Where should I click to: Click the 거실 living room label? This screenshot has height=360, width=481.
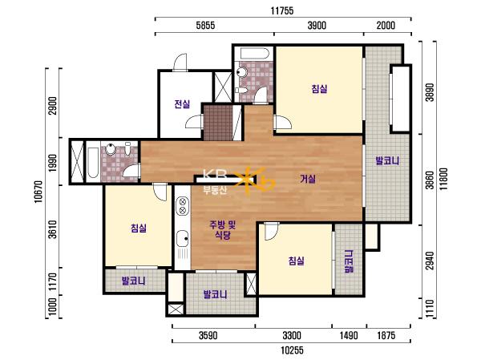tap(308, 179)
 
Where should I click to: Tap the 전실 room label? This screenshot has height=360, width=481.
tap(182, 104)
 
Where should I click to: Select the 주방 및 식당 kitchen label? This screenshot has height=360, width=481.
tap(222, 230)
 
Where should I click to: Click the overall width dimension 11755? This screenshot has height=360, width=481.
tap(282, 11)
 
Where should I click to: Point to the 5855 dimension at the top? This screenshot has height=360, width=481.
tap(205, 26)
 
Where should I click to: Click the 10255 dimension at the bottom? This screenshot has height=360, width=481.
tap(292, 350)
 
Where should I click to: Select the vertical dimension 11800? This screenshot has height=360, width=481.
tap(443, 179)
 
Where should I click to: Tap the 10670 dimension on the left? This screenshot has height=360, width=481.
tap(38, 192)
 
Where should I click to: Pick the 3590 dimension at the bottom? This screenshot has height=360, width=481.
tap(208, 335)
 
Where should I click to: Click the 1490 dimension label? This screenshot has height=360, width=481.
tap(349, 335)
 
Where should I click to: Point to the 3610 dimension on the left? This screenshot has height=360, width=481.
tap(53, 229)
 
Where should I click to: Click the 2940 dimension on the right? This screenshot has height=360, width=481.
tap(430, 261)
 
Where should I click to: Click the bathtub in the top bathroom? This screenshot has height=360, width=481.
tap(254, 54)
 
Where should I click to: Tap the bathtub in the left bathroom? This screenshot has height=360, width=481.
tap(93, 163)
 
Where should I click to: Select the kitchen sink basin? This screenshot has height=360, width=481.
tap(182, 238)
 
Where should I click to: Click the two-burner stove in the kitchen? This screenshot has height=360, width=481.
tap(183, 206)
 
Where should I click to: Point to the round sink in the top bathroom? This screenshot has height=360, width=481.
tap(242, 72)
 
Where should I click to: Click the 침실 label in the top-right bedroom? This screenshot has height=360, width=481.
tap(319, 89)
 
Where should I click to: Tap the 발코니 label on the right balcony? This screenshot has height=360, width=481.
tap(387, 160)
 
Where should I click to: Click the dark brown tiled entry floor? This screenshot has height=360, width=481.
tap(218, 123)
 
